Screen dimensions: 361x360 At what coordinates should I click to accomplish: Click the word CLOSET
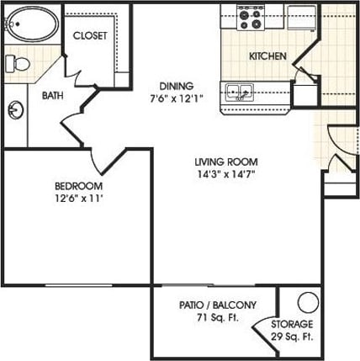coord(90,35)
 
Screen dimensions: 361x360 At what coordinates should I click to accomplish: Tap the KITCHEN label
coord(267,56)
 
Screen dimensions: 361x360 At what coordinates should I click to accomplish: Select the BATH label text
coord(52,95)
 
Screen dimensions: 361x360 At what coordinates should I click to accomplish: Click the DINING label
coord(177,85)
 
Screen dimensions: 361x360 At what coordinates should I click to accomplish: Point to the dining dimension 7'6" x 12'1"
coord(177,98)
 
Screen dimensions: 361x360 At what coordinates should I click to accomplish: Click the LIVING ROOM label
coord(225,162)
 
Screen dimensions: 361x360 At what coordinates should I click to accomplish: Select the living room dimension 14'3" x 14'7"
coord(225,175)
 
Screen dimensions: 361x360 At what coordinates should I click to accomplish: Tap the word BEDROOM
coord(78,186)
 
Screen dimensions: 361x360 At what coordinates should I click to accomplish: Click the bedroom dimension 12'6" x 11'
coord(78,199)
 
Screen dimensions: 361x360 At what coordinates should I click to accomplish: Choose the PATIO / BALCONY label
coord(217,305)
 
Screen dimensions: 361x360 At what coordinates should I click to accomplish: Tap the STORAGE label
coord(292,324)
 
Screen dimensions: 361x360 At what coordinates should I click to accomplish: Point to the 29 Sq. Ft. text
coord(292,337)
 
